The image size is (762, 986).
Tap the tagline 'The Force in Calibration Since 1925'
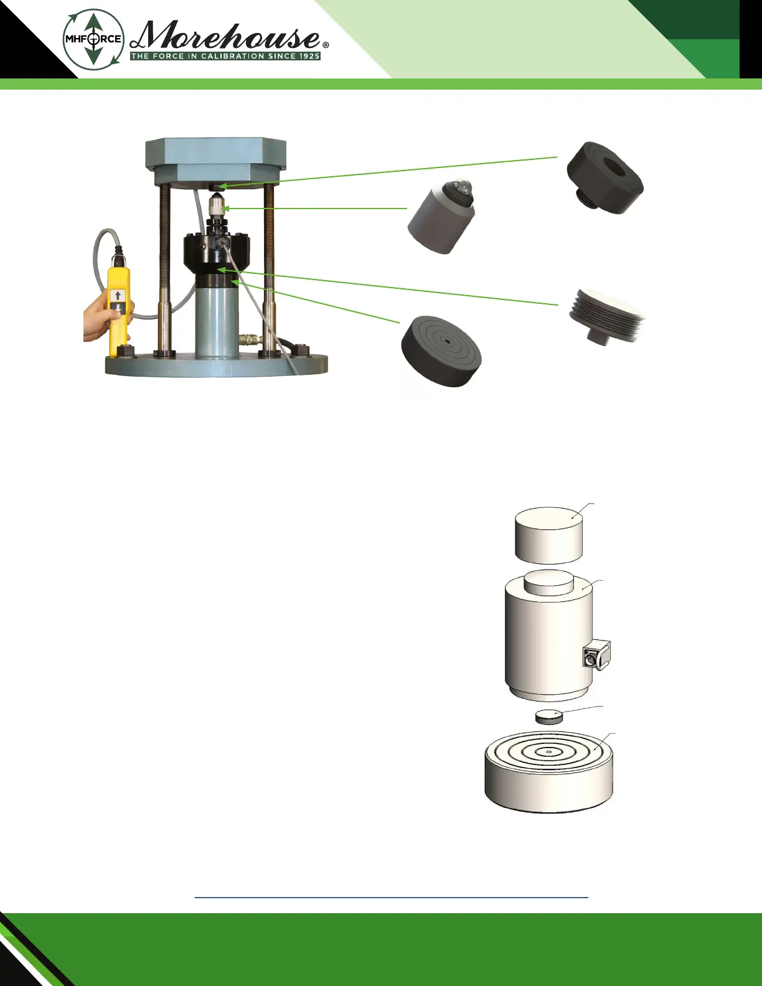tap(225, 56)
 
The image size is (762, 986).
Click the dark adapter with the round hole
tap(604, 177)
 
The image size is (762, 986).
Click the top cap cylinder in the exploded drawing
tap(549, 534)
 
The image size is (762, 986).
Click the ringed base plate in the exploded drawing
tap(548, 772)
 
